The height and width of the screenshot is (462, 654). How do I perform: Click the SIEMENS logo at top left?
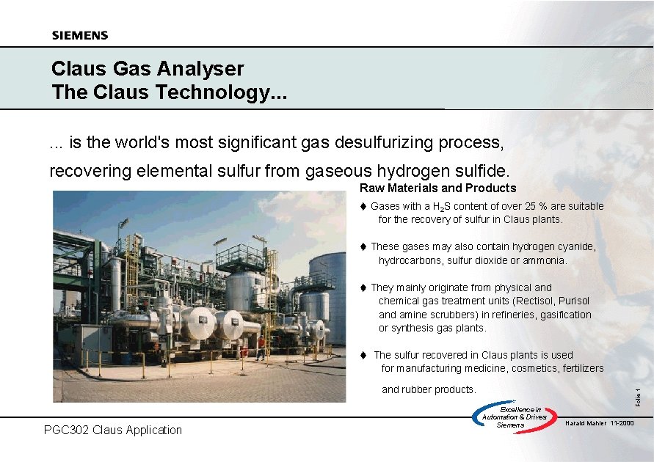tap(80, 35)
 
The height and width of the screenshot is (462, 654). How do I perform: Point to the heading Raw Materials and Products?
tap(437, 188)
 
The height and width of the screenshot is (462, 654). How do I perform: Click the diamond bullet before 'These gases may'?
tap(363, 247)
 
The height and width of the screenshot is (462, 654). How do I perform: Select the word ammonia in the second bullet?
tap(544, 260)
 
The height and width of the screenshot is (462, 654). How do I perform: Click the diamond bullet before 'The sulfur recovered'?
tap(363, 356)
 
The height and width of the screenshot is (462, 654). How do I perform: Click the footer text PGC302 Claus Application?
tap(113, 430)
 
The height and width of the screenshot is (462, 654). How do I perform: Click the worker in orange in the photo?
tap(260, 347)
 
